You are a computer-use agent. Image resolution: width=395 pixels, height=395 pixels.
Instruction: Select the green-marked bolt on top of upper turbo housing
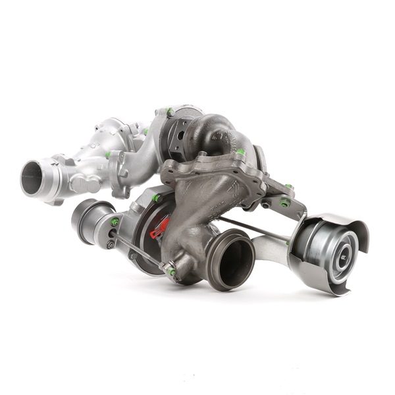tap(170, 111)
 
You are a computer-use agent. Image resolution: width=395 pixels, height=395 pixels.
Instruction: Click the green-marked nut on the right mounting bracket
tap(284, 203)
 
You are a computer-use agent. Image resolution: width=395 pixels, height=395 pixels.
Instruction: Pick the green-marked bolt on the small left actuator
tap(115, 222)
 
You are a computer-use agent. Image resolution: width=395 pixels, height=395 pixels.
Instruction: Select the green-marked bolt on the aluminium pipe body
tap(108, 155)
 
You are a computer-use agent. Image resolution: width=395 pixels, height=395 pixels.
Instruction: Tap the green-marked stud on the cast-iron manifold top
tap(240, 153)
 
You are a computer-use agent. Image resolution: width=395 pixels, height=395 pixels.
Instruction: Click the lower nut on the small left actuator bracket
tap(111, 245)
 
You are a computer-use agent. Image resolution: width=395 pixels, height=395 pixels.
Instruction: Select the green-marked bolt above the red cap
tap(157, 197)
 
